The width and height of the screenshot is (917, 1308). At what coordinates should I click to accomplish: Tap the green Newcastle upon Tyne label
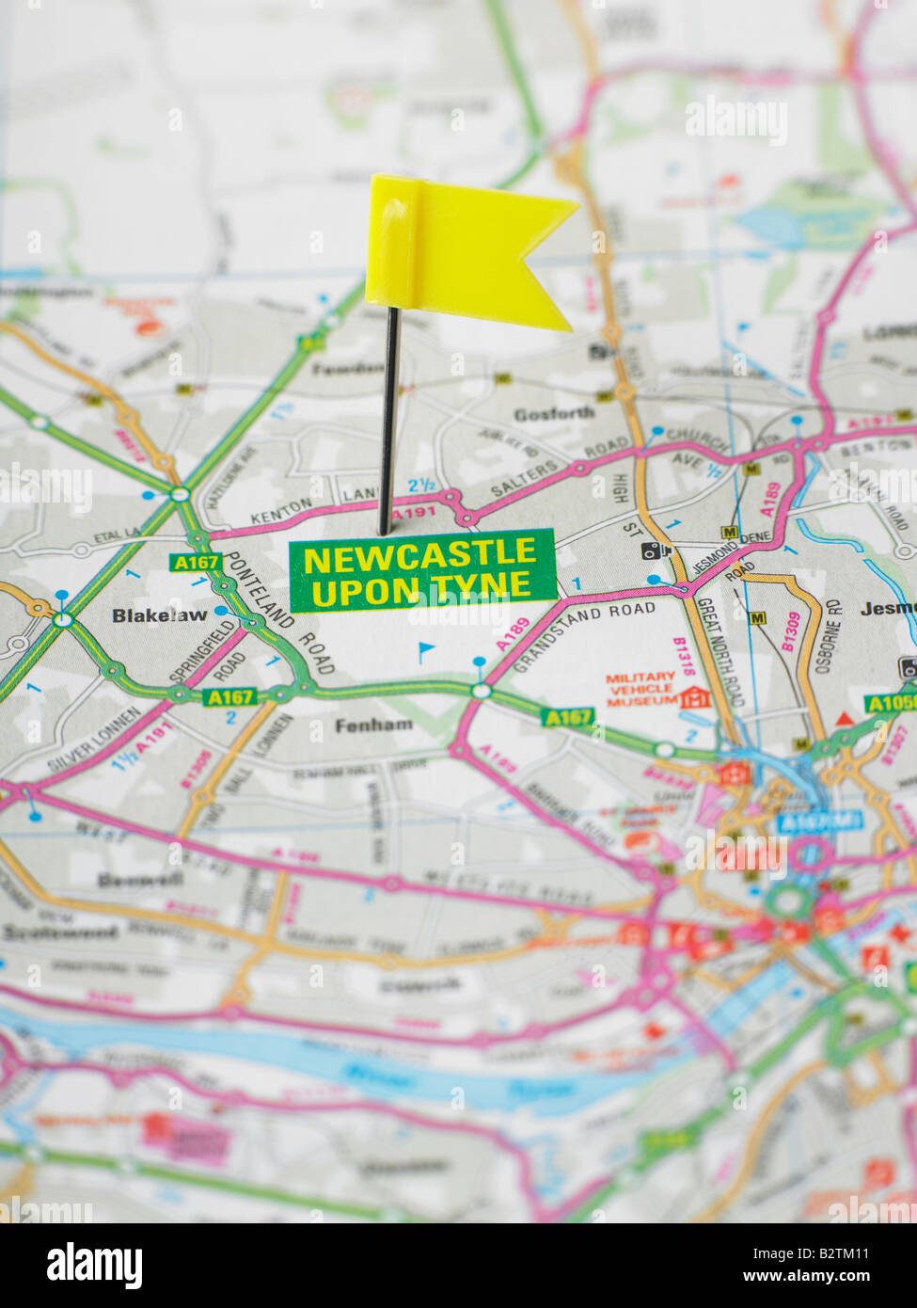(x=421, y=571)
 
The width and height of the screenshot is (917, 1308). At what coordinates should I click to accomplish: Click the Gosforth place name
(x=554, y=413)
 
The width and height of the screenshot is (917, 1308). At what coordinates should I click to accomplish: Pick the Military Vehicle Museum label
(x=640, y=689)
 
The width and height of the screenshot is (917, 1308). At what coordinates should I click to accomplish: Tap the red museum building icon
(x=694, y=697)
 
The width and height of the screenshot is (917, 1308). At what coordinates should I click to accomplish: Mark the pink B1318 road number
(x=683, y=657)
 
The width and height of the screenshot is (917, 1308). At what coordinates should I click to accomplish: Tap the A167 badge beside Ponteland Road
(x=195, y=562)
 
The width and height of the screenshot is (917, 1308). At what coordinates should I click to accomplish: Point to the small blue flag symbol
(x=426, y=649)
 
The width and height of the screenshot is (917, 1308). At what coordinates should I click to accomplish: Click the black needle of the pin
(x=387, y=423)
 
